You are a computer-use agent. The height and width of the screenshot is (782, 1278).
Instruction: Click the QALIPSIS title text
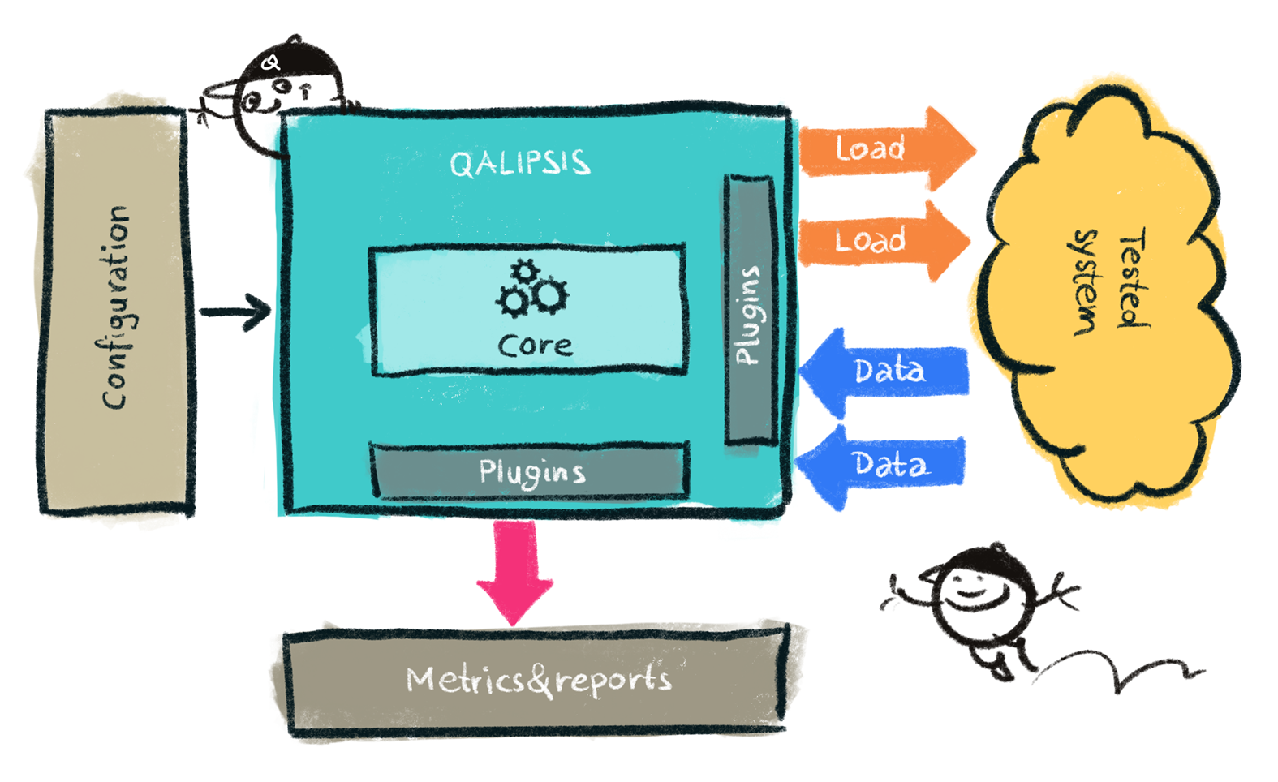click(519, 163)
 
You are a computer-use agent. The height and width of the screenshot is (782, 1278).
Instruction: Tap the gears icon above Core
click(532, 290)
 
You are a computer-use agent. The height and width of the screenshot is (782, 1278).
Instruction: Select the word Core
click(535, 346)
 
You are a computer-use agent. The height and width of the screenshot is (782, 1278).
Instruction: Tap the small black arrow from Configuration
click(235, 312)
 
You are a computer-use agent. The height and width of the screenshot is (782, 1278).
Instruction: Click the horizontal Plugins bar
click(531, 471)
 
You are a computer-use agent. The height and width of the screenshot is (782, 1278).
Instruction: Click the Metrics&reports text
click(539, 680)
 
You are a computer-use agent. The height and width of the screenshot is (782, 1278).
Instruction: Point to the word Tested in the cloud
click(1133, 277)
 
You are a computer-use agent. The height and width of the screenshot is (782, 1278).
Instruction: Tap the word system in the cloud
click(1086, 282)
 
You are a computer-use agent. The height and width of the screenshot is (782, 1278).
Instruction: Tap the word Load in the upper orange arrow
click(870, 149)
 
